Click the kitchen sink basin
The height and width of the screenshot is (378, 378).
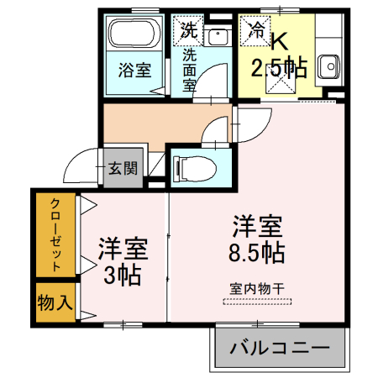pyautogui.click(x=328, y=64)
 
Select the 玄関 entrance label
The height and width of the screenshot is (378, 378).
pyautogui.click(x=123, y=168)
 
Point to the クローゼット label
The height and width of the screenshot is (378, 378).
pyautogui.click(x=54, y=236)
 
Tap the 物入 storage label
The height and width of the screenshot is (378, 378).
pyautogui.click(x=54, y=302)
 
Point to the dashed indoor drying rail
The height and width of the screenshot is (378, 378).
pyautogui.click(x=256, y=300)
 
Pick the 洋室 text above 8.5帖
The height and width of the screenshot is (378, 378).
pyautogui.click(x=256, y=226)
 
